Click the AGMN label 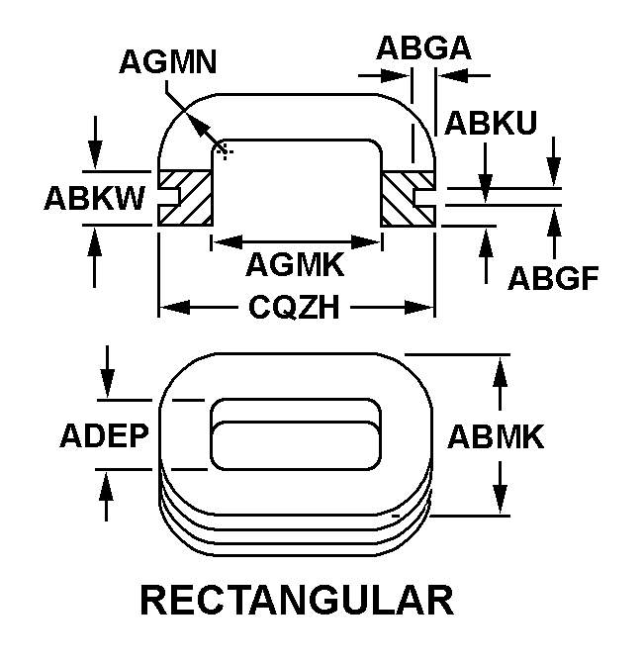pyautogui.click(x=168, y=62)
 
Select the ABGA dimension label pyautogui.click(x=422, y=47)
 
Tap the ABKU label pyautogui.click(x=491, y=123)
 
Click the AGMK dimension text pyautogui.click(x=295, y=264)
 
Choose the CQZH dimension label pyautogui.click(x=295, y=309)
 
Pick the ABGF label pyautogui.click(x=554, y=279)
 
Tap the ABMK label pyautogui.click(x=496, y=436)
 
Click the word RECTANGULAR pyautogui.click(x=296, y=600)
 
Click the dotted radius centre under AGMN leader pyautogui.click(x=224, y=150)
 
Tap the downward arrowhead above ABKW pyautogui.click(x=95, y=157)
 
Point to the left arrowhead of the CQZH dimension pyautogui.click(x=168, y=309)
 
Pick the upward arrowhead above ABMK pyautogui.click(x=502, y=364)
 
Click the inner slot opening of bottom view pyautogui.click(x=295, y=435)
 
